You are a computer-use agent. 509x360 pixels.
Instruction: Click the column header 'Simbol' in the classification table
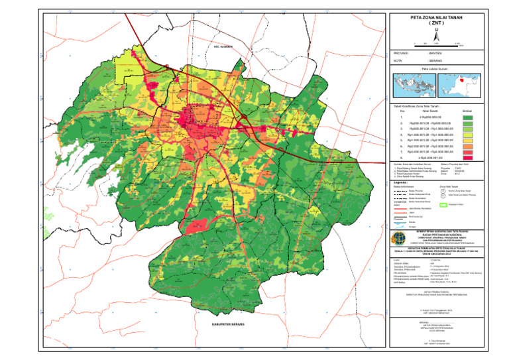coord(467,110)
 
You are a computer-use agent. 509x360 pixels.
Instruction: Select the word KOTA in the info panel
coord(398,60)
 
